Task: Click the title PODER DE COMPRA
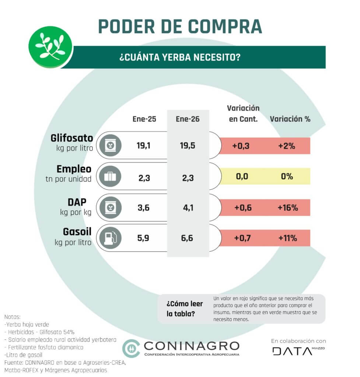click(180, 26)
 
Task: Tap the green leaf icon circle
click(50, 47)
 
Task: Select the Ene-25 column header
click(144, 119)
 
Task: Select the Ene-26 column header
click(188, 119)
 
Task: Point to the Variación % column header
click(290, 119)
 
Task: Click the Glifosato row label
click(71, 138)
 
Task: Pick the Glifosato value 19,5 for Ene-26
click(188, 145)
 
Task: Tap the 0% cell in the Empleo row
click(287, 176)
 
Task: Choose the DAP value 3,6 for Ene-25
click(144, 208)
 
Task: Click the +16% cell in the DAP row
click(287, 208)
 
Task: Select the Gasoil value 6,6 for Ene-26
click(188, 238)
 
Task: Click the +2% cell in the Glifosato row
click(287, 146)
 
